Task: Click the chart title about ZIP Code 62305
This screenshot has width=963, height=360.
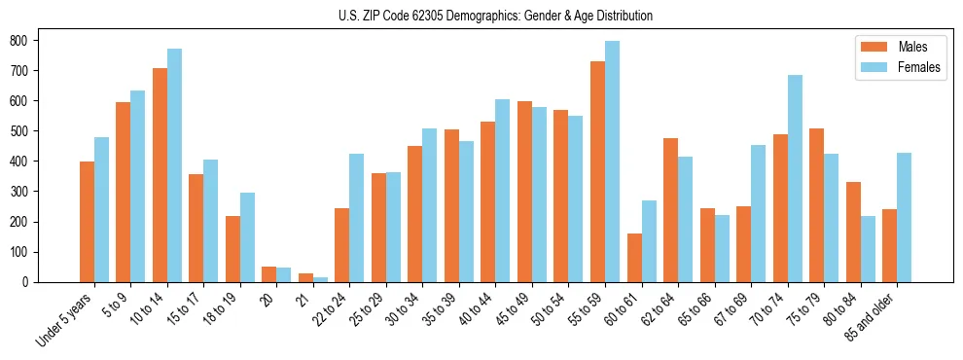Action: click(481, 17)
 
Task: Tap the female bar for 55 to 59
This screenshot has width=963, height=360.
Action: click(612, 162)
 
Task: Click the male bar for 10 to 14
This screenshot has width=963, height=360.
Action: click(160, 175)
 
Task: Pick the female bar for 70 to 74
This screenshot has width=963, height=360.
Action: click(795, 178)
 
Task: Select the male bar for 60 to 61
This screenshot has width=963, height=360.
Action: click(634, 258)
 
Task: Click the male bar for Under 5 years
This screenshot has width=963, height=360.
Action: click(87, 222)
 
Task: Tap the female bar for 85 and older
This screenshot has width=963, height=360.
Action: click(904, 217)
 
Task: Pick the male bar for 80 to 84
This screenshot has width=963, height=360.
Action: click(853, 232)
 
